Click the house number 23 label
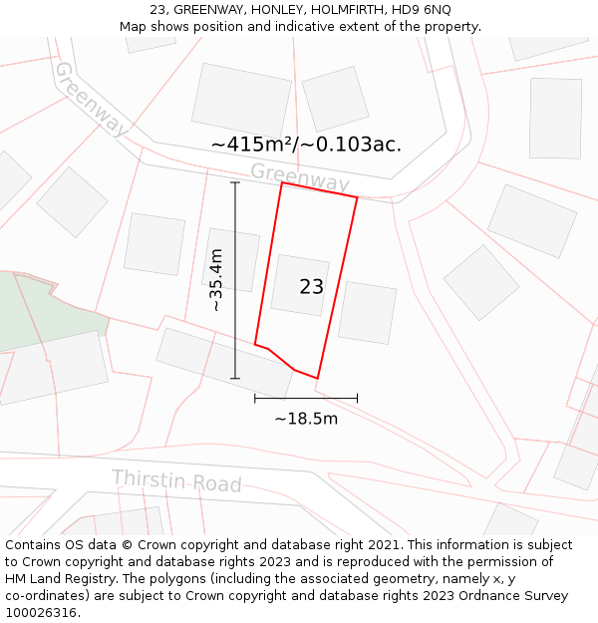(311, 287)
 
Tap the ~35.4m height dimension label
(216, 280)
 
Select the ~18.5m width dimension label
(306, 419)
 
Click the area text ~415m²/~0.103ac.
(306, 145)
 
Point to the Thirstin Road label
(176, 481)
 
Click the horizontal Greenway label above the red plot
(299, 177)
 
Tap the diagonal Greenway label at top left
(91, 99)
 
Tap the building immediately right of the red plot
(367, 313)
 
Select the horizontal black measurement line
(306, 398)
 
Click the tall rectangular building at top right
(555, 118)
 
